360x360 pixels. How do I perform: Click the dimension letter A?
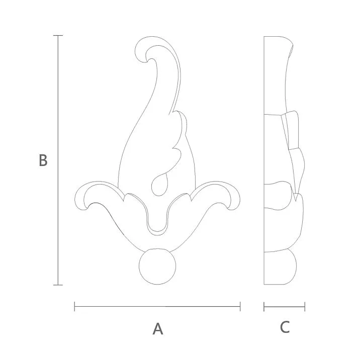point(158,329)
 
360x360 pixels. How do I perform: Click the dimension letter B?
point(43,160)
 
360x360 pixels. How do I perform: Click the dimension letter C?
point(285,327)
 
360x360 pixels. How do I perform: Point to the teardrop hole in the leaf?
point(160,185)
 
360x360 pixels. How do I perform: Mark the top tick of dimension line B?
point(58,36)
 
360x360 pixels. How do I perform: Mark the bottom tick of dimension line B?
point(58,285)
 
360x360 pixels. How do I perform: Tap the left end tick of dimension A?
point(74,306)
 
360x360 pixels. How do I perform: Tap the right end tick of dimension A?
point(240,306)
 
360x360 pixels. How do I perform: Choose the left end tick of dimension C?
point(264,306)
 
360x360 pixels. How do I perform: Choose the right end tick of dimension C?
point(305,306)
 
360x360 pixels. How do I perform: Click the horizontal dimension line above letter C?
point(285,306)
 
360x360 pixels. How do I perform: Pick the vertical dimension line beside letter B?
point(58,160)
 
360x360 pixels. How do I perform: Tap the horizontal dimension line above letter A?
point(157,306)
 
